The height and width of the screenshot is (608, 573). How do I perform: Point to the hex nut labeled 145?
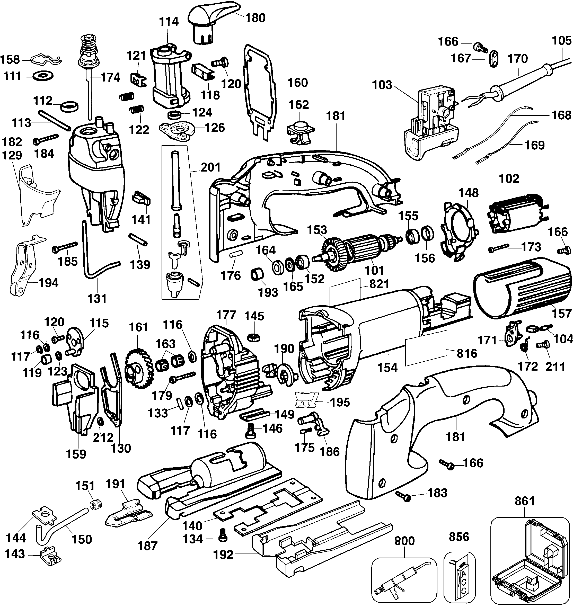[254, 338]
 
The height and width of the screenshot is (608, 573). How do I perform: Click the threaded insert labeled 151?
[96, 504]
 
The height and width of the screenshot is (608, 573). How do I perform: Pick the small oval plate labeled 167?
[494, 58]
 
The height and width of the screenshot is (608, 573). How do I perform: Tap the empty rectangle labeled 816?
[426, 348]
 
